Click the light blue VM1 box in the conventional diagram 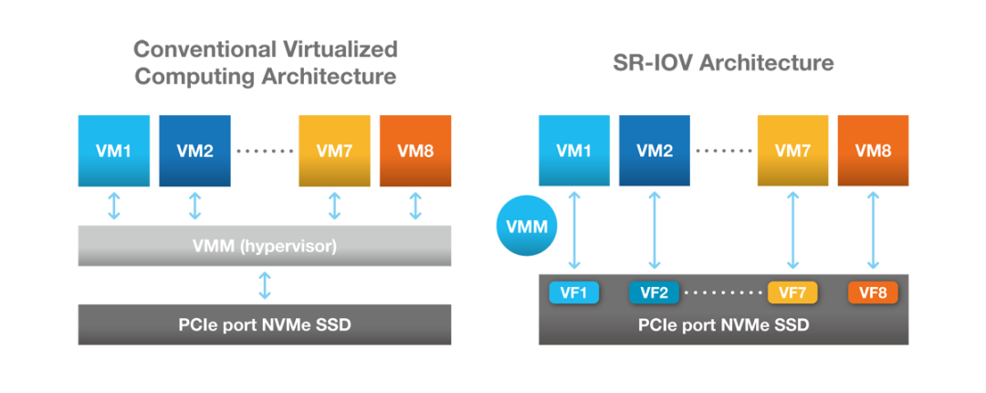(x=114, y=151)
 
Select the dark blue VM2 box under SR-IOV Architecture (x=654, y=151)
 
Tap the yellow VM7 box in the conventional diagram (x=334, y=151)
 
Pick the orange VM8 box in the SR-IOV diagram (x=873, y=151)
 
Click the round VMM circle (x=527, y=226)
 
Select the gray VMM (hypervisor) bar (x=265, y=245)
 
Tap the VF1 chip (x=573, y=292)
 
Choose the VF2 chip (x=654, y=292)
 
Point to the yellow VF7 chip (x=793, y=292)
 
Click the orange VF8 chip (x=873, y=292)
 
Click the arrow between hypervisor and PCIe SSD (x=265, y=285)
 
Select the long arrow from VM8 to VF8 (x=873, y=230)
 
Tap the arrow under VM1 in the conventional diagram (x=114, y=206)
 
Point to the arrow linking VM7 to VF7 (x=793, y=230)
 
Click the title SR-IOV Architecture (x=723, y=63)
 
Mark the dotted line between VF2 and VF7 (x=724, y=292)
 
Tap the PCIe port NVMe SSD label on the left (x=265, y=325)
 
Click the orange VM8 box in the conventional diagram (x=415, y=151)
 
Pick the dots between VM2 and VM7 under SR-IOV (x=724, y=151)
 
